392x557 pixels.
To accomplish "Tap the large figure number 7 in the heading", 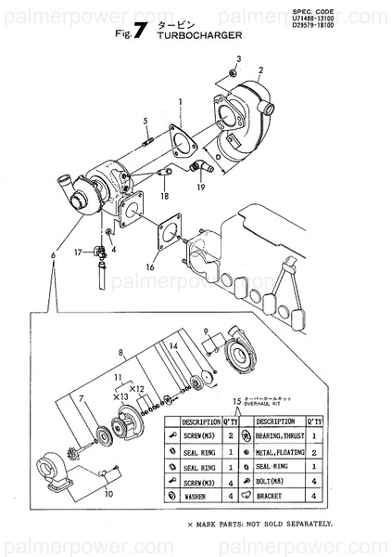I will (139, 30).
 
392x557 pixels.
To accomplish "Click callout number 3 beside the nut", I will (237, 58).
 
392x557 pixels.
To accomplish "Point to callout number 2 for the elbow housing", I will (261, 70).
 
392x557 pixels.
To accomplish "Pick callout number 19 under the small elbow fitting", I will (199, 188).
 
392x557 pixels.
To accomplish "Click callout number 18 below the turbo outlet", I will (164, 196).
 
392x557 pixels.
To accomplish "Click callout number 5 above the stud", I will (145, 121).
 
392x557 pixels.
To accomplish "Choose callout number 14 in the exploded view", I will (171, 345).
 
